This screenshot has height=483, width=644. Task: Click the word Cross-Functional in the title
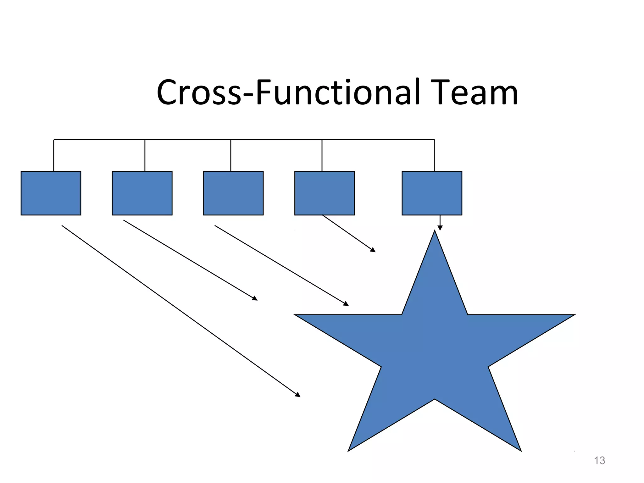pos(288,92)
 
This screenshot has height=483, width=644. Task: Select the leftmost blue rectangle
pos(51,193)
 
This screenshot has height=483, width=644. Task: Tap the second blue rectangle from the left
pos(142,193)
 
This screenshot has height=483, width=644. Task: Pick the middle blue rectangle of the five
pos(233,193)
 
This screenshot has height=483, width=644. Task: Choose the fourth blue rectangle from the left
pos(325,193)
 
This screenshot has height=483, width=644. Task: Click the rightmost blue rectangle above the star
pos(432,193)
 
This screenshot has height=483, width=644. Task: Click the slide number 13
pos(599,460)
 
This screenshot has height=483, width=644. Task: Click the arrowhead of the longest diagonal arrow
pos(298,395)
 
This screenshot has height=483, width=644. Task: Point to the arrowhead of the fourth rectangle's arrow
pos(373,250)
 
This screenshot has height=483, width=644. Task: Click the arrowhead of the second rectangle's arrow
pos(255,299)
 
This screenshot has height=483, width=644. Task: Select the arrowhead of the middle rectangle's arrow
pos(346,304)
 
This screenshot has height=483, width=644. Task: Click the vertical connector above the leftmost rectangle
pos(54,155)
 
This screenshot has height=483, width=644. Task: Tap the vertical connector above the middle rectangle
pos(231,155)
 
